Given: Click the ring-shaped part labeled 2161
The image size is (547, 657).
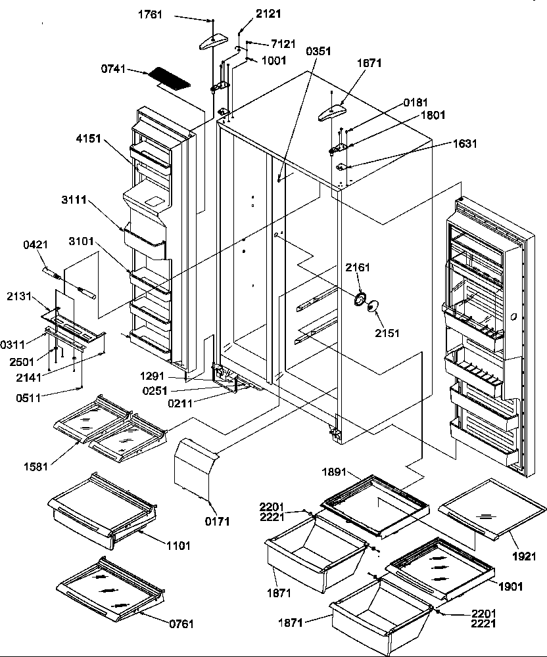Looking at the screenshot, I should coord(360,300).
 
